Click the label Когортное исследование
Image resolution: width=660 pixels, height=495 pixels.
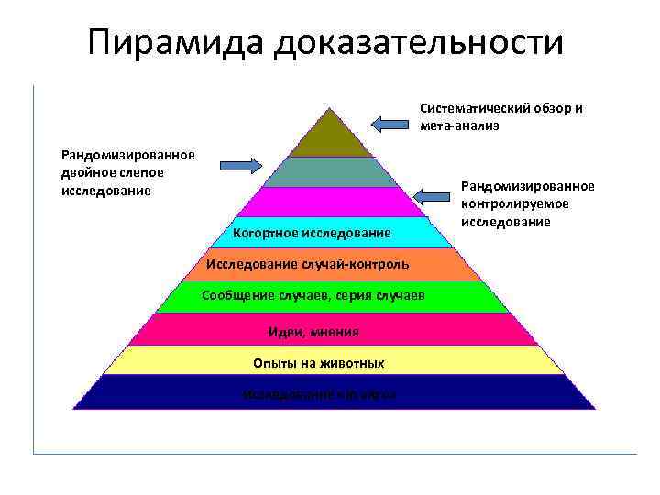tap(312, 233)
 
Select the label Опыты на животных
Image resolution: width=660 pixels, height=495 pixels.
tap(318, 363)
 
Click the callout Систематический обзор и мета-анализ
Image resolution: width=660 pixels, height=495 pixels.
tap(500, 116)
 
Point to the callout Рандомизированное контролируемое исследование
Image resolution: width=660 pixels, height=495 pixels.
tap(527, 203)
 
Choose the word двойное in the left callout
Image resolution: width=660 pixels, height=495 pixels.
tap(87, 172)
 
